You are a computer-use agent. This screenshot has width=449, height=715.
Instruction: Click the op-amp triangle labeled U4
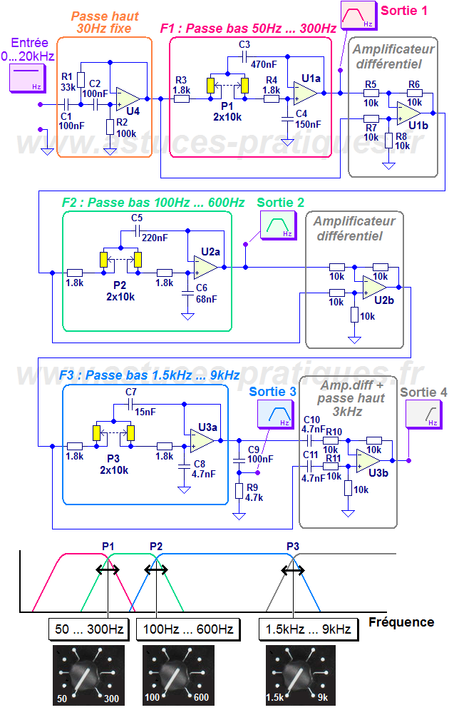[x=128, y=98]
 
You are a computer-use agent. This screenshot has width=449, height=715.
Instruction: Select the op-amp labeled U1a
[x=305, y=91]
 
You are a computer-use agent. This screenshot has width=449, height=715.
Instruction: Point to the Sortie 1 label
[x=404, y=10]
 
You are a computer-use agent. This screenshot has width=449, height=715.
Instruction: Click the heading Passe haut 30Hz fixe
[x=105, y=21]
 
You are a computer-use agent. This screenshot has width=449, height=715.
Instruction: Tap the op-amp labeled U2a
[x=205, y=266]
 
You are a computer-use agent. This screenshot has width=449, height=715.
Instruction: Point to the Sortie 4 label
[x=423, y=392]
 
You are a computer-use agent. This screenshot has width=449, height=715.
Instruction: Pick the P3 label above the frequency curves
[x=293, y=546]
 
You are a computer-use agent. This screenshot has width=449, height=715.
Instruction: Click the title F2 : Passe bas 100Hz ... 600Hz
[x=153, y=203]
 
